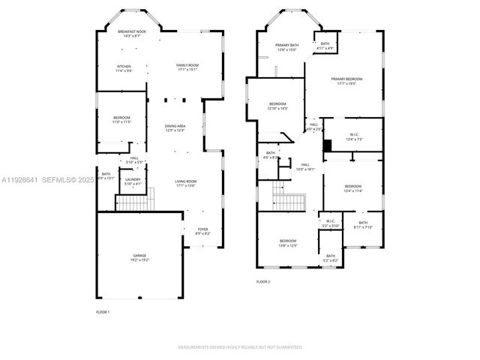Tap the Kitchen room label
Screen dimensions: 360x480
pyautogui.click(x=124, y=68)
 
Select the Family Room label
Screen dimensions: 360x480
pyautogui.click(x=187, y=67)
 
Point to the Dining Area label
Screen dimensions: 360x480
pyautogui.click(x=175, y=127)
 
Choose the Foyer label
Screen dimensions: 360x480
pyautogui.click(x=202, y=231)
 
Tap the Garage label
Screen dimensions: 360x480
pyautogui.click(x=140, y=258)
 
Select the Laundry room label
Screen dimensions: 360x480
pyautogui.click(x=133, y=181)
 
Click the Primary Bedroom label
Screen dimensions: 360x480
pyautogui.click(x=345, y=81)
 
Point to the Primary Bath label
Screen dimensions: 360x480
pyautogui.click(x=286, y=48)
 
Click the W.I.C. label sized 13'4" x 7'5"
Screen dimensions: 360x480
pyautogui.click(x=355, y=136)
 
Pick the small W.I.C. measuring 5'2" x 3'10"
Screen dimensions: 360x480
pyautogui.click(x=331, y=223)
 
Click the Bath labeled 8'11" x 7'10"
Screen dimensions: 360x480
pyautogui.click(x=363, y=225)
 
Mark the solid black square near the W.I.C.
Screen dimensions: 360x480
pyautogui.click(x=327, y=145)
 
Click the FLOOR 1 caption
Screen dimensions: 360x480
pyautogui.click(x=103, y=311)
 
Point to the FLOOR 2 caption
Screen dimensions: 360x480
pyautogui.click(x=262, y=281)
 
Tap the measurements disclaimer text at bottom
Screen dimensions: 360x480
pyautogui.click(x=240, y=347)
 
